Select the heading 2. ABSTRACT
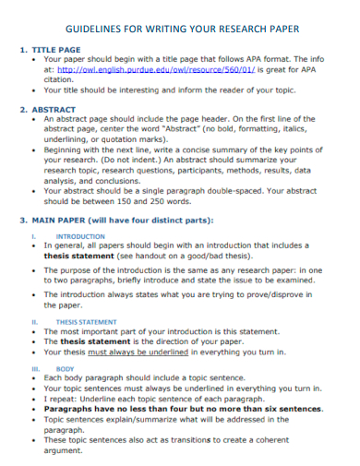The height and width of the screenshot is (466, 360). click(x=52, y=109)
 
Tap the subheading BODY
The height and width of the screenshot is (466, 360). click(x=65, y=367)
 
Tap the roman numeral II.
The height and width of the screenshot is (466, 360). click(x=35, y=321)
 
